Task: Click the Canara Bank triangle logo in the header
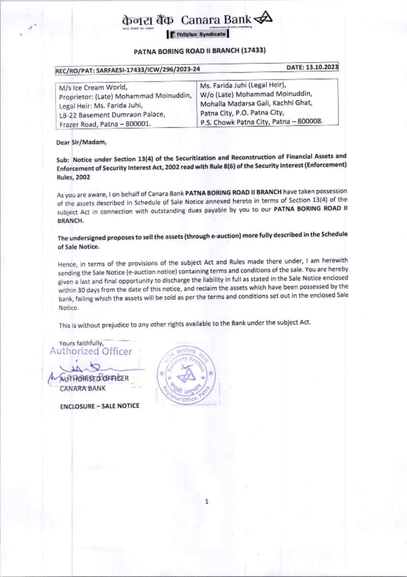[263, 18]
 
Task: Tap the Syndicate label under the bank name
[212, 35]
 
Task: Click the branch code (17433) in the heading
[253, 50]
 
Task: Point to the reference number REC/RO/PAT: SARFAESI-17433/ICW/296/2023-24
[128, 70]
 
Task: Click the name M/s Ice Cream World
[93, 87]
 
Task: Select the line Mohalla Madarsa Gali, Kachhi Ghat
[256, 103]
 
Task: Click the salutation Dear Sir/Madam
[81, 142]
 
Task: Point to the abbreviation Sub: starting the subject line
[63, 160]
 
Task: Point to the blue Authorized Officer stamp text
[91, 351]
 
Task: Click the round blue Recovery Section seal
[186, 375]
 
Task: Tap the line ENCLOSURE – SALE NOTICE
[100, 406]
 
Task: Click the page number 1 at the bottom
[207, 501]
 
